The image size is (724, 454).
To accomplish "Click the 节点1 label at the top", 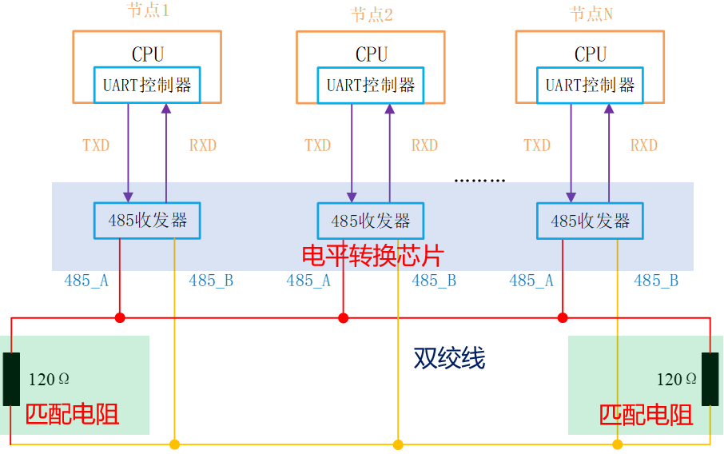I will tap(148, 11).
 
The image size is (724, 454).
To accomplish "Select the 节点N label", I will tap(591, 14).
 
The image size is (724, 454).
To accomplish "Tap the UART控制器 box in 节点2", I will tap(371, 85).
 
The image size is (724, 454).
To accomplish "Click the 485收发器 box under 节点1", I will tap(147, 221).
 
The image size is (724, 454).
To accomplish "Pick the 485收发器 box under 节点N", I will tap(590, 221).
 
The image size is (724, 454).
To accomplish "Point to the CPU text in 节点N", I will tap(591, 54).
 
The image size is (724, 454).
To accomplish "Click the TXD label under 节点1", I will tap(96, 145).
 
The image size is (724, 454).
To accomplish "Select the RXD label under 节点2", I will tap(424, 145).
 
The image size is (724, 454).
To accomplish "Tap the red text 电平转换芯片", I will tap(372, 256).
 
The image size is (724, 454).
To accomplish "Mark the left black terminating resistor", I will tap(11, 379).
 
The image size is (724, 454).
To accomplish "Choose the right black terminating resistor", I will tap(710, 379).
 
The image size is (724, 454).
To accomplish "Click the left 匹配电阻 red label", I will tap(72, 414).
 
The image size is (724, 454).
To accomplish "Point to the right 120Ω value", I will tap(676, 379).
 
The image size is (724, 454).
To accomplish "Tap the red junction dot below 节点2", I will tap(344, 318).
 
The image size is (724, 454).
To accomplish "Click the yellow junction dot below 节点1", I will tap(175, 444).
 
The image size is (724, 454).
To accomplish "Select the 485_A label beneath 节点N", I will tap(531, 281).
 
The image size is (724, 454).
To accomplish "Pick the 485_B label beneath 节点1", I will tap(211, 281).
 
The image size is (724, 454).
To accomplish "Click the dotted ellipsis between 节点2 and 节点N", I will tap(479, 181).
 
